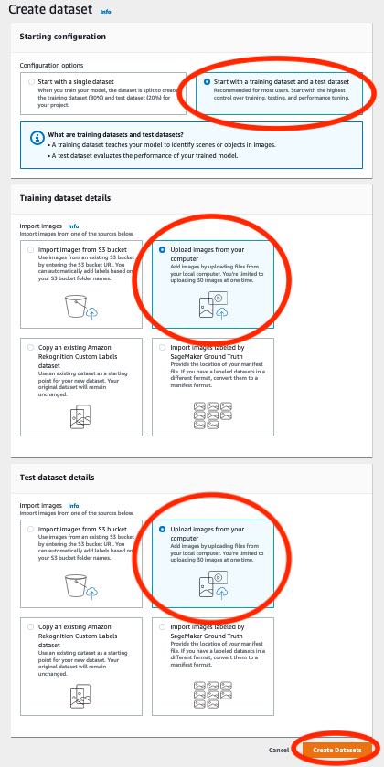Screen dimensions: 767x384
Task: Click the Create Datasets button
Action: coord(336,750)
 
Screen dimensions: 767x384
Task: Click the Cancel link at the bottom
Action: coord(279,750)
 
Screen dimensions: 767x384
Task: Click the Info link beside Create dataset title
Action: coord(104,13)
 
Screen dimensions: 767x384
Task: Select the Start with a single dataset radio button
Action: coord(31,81)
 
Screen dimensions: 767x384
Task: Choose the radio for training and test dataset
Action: coord(207,81)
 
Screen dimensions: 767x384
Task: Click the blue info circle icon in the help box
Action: coord(37,138)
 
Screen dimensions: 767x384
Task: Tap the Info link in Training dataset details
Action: coord(73,226)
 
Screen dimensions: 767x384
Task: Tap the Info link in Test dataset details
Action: coord(73,505)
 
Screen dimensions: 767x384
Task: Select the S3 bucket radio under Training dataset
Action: coord(32,249)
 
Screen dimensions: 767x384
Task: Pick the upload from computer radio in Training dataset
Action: coord(163,249)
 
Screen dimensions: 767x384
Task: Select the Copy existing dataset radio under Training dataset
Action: coord(32,347)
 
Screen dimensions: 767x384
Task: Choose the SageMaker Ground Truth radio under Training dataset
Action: coord(163,347)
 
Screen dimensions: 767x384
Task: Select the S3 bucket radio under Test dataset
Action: coord(32,529)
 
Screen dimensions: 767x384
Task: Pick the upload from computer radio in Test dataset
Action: coord(163,529)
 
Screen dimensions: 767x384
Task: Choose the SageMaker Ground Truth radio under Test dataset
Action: coord(163,627)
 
